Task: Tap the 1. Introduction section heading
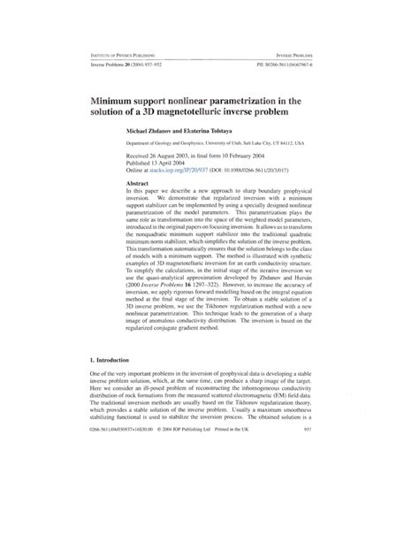click(107, 409)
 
